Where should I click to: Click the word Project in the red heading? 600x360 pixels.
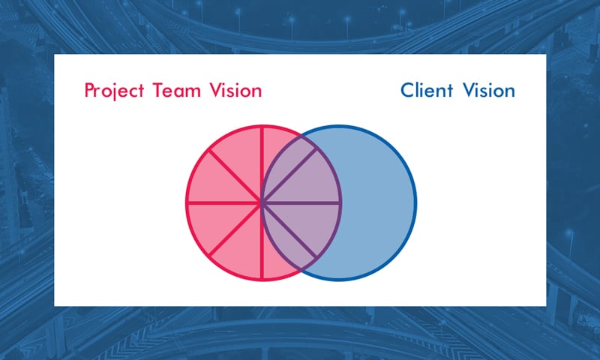[114, 91]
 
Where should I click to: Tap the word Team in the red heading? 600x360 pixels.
[177, 90]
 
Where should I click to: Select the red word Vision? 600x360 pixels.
[235, 90]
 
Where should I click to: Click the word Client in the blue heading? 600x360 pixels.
[427, 90]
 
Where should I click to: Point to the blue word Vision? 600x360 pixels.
[489, 90]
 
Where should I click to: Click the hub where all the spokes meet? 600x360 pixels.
[262, 202]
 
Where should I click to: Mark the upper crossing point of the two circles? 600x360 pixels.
[301, 135]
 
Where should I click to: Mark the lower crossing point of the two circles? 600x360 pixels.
[301, 270]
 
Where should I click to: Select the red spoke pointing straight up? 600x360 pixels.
[262, 163]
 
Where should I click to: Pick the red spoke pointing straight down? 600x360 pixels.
[262, 241]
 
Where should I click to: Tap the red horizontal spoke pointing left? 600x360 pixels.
[224, 202]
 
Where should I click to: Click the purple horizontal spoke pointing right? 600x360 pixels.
[301, 202]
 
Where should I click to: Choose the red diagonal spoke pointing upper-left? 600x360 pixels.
[235, 175]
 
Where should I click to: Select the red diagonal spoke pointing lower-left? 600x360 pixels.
[235, 229]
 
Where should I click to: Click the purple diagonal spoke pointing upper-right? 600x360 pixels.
[289, 175]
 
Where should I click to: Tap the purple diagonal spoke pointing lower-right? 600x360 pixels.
[289, 229]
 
